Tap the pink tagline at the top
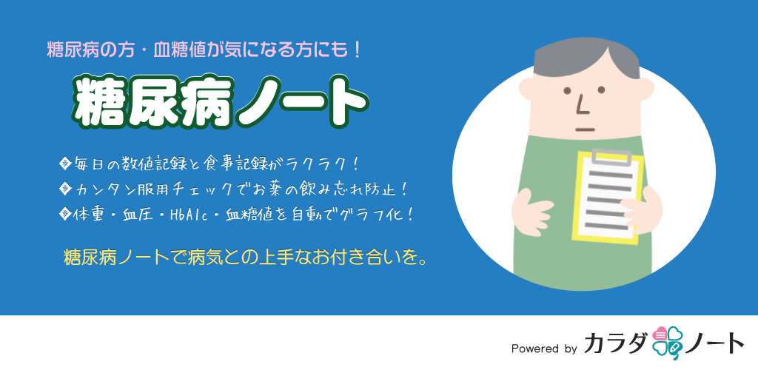click(204, 51)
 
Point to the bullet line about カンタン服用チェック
click(233, 189)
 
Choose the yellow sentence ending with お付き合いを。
click(245, 257)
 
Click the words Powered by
click(544, 349)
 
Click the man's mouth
click(585, 129)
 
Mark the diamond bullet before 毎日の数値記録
click(64, 162)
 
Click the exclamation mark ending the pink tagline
click(358, 51)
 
